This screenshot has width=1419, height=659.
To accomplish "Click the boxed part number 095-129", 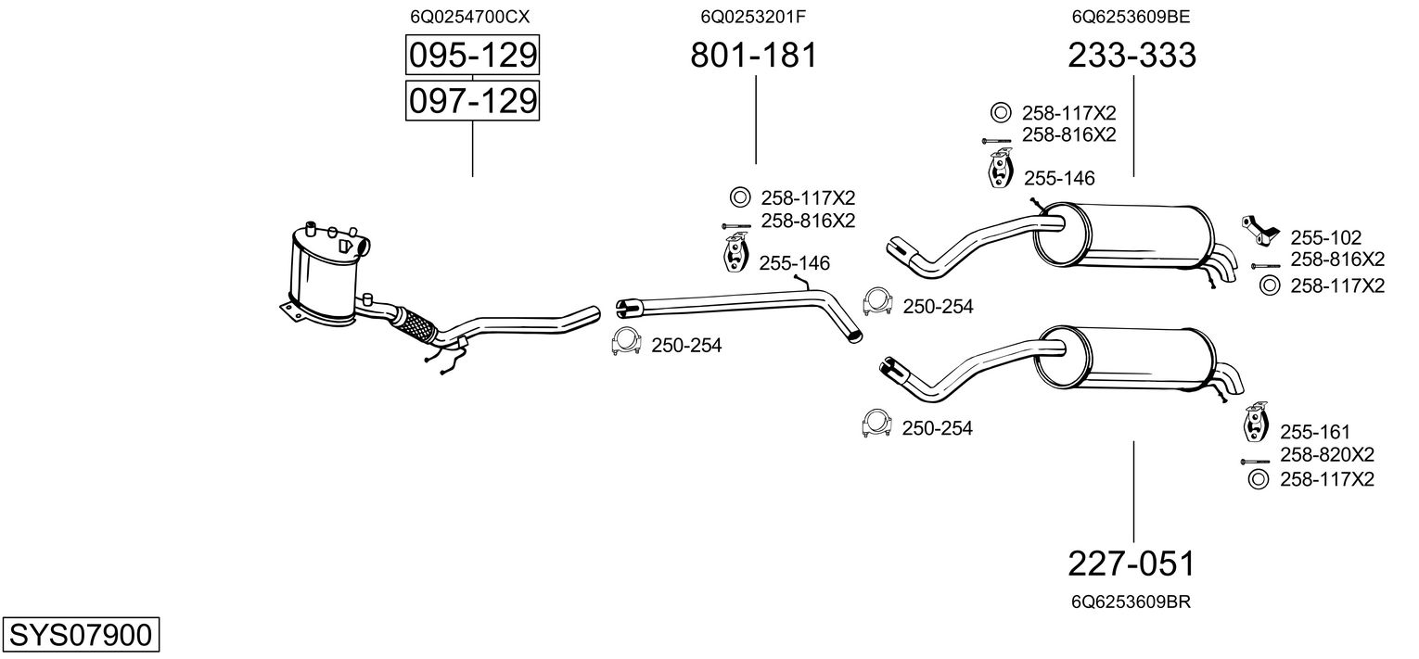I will click(x=473, y=56).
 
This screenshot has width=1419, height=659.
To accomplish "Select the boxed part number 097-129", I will click(x=473, y=100).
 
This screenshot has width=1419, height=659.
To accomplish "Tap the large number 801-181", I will click(x=754, y=56).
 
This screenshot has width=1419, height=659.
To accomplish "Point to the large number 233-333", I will click(x=1131, y=56).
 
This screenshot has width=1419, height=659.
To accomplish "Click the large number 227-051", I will click(x=1131, y=563).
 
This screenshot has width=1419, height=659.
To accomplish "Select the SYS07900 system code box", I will click(x=80, y=636).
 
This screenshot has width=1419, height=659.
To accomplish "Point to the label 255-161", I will click(x=1315, y=432).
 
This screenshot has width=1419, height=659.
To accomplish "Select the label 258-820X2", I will click(x=1326, y=454).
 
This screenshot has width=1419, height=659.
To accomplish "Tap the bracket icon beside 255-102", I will click(x=1259, y=229).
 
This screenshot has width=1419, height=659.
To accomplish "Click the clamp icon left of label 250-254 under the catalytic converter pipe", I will click(x=626, y=342).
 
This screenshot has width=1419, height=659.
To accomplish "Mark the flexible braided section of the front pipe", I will click(x=415, y=325).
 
